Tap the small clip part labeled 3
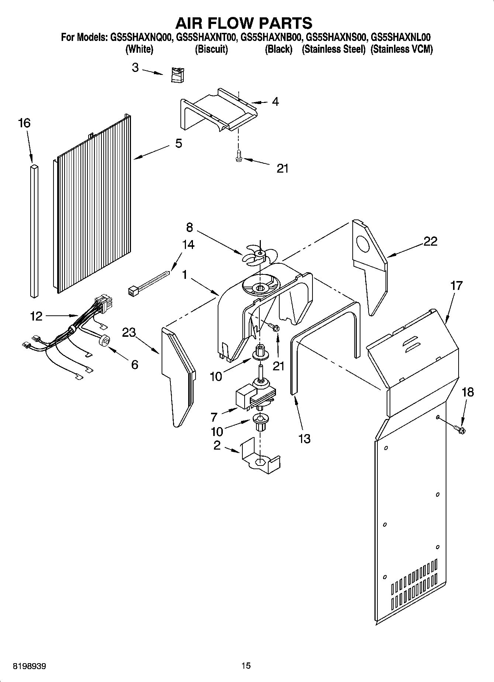click(x=178, y=75)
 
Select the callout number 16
click(x=24, y=123)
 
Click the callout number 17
click(x=456, y=285)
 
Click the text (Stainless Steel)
click(x=334, y=49)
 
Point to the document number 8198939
click(x=30, y=666)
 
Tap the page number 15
click(x=246, y=665)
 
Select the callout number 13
click(x=304, y=439)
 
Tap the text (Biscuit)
click(x=211, y=49)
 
